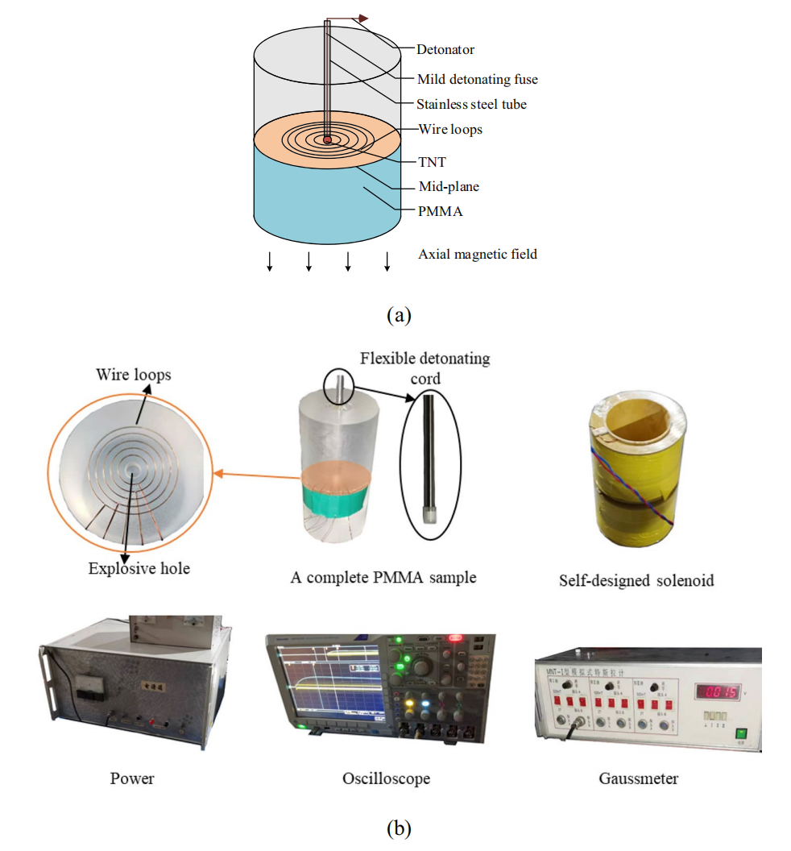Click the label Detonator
click(x=445, y=49)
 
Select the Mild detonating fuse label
click(x=477, y=79)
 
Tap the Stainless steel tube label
click(x=471, y=104)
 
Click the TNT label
click(x=431, y=162)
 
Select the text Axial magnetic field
click(x=477, y=254)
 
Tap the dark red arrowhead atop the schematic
click(x=363, y=18)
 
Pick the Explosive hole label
click(x=139, y=569)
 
